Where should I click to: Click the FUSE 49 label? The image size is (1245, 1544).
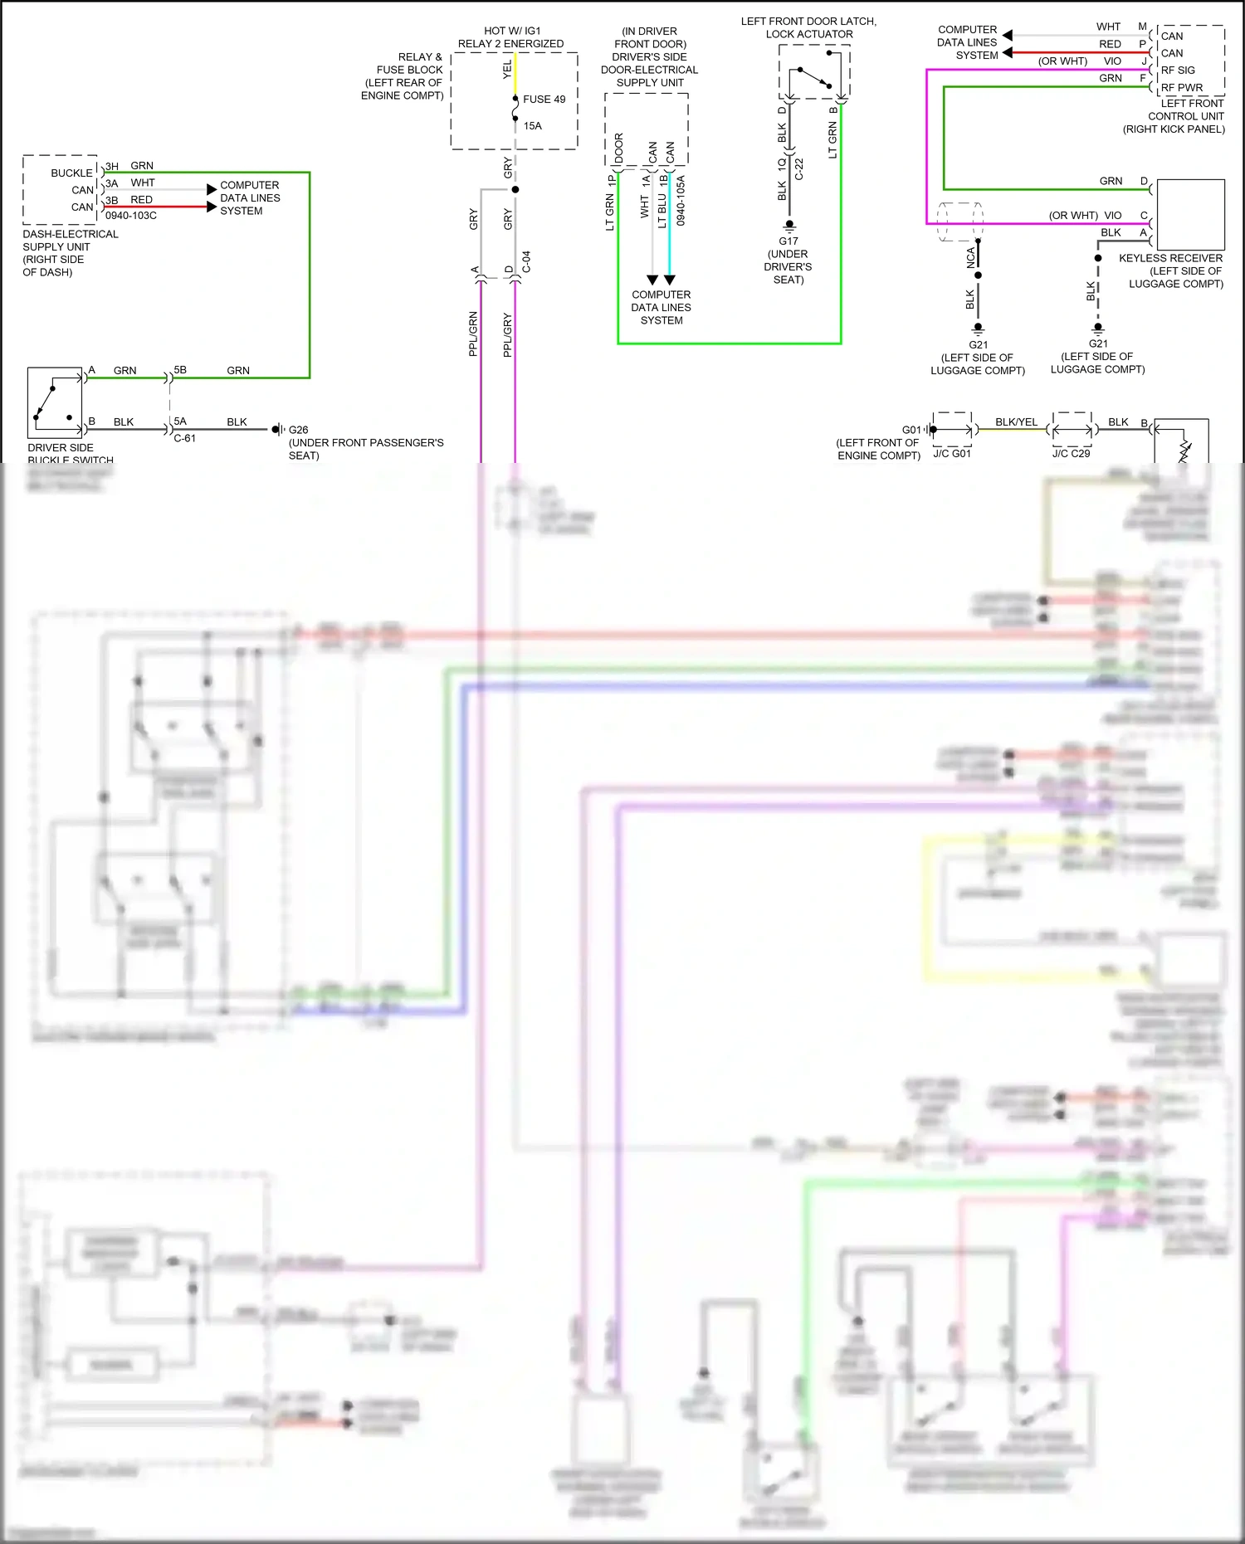tap(544, 100)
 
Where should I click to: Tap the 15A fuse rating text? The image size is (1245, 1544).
tap(532, 126)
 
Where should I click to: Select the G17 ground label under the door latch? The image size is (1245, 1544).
tap(788, 241)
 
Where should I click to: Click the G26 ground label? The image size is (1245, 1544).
tap(298, 430)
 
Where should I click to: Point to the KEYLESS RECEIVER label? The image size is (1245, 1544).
tap(1170, 258)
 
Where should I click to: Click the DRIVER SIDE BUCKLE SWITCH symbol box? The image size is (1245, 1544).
tap(56, 402)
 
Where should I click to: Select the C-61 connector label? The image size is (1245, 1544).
tap(184, 438)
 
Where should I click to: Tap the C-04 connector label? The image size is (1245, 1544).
tap(526, 262)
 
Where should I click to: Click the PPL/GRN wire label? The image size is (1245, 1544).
tap(473, 334)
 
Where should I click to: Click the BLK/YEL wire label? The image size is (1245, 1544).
tap(1016, 422)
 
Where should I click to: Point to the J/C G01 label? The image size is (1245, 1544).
tap(951, 454)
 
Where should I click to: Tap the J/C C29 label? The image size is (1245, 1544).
tap(1071, 454)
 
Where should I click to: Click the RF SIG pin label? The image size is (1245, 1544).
tap(1178, 71)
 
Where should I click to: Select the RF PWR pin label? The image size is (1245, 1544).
tap(1181, 88)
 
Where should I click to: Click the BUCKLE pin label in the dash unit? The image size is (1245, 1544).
tap(71, 173)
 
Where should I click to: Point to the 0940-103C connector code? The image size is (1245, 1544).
tap(131, 216)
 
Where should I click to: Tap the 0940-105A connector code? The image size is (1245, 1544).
tap(681, 201)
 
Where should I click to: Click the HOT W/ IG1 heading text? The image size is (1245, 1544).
tap(512, 31)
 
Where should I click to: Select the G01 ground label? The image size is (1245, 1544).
tap(911, 430)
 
